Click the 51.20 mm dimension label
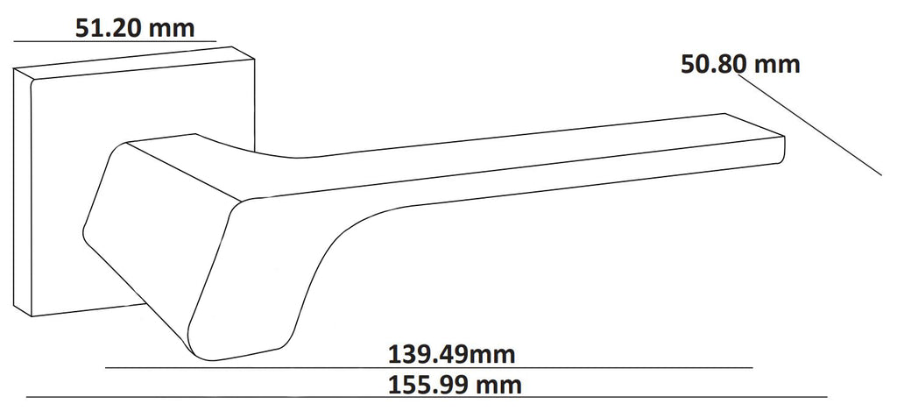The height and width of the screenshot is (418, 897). click(x=135, y=28)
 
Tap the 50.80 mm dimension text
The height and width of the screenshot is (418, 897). click(x=739, y=64)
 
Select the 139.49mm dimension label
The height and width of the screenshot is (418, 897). click(x=451, y=354)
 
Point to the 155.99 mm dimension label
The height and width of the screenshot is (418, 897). click(x=455, y=385)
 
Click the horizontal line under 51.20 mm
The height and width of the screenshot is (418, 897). click(x=115, y=41)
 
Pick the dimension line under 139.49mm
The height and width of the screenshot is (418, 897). click(x=429, y=367)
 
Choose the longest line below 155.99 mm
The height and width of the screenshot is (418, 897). click(x=427, y=397)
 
